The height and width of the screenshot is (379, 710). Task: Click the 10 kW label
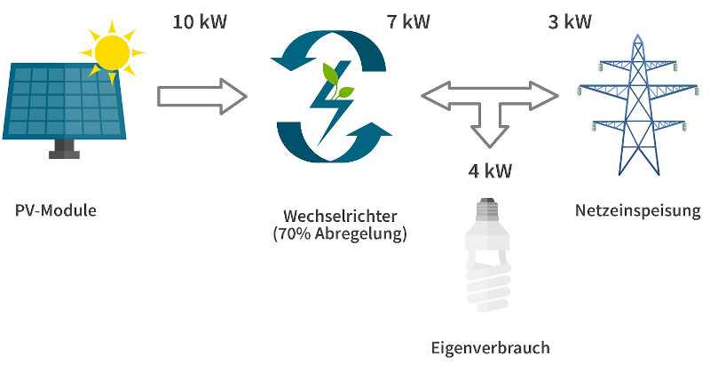[x=199, y=20]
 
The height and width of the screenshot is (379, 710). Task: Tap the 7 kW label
[x=408, y=20]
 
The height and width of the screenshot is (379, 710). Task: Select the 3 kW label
[x=569, y=20]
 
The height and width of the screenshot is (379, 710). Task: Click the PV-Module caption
[x=55, y=211]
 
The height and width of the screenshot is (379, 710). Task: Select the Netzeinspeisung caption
[x=637, y=211]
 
